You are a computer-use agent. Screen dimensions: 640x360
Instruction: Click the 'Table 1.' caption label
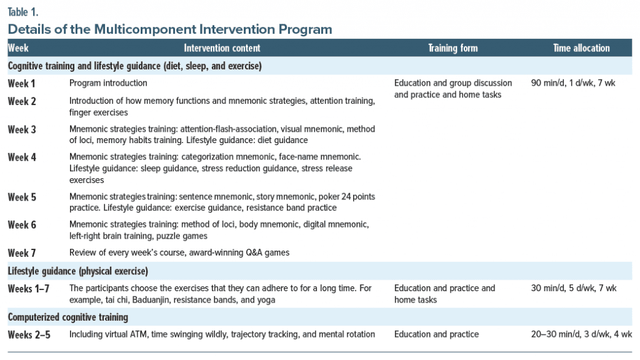[x=23, y=12]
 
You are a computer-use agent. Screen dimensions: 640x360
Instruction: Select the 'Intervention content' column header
[x=222, y=48]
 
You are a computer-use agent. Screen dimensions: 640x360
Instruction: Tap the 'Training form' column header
[x=452, y=48]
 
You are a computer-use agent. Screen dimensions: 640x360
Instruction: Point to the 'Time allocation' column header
[x=581, y=48]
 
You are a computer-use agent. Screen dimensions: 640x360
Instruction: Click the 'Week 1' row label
[x=22, y=84]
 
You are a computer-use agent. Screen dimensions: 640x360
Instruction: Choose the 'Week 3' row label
[x=22, y=130]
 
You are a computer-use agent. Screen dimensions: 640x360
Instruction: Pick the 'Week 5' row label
[x=22, y=197]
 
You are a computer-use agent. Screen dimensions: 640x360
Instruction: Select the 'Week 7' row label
[x=22, y=253]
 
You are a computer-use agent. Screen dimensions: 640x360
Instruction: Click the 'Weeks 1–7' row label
[x=29, y=289]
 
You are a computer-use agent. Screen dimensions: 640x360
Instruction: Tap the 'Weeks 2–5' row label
[x=29, y=335]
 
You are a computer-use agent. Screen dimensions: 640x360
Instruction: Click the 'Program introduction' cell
[x=108, y=83]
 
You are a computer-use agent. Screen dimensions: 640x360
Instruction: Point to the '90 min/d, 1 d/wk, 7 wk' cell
[x=573, y=83]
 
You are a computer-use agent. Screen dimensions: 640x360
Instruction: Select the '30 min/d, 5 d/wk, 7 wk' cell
[x=574, y=288]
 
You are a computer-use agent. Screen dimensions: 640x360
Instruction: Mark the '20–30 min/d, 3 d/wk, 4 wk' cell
[x=582, y=334]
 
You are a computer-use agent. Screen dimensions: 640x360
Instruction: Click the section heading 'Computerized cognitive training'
[x=67, y=317]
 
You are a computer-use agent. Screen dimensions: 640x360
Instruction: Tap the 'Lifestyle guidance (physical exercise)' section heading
[x=78, y=271]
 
